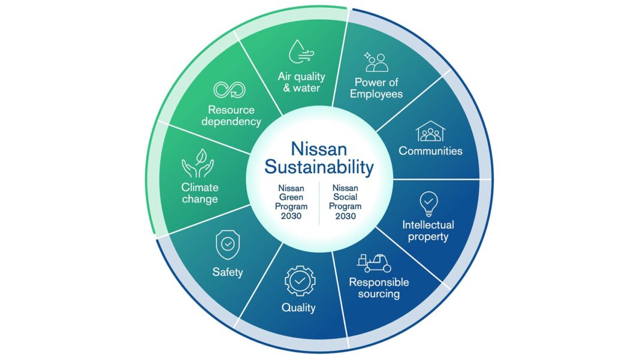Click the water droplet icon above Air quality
click(301, 52)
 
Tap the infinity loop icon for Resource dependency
click(230, 90)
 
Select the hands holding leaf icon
click(198, 164)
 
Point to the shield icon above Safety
click(228, 244)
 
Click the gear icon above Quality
click(300, 281)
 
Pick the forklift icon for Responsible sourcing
click(374, 264)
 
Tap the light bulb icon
click(428, 204)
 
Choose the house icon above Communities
click(431, 131)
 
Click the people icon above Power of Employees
click(376, 62)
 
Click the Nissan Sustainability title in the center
click(319, 158)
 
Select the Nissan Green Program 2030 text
click(291, 202)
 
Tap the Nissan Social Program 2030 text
click(345, 202)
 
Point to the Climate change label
click(200, 193)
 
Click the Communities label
click(431, 151)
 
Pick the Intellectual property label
click(428, 231)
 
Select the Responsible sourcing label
click(379, 288)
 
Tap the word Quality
click(299, 308)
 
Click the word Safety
click(228, 272)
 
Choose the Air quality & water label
click(301, 82)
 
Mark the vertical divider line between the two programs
click(319, 203)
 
